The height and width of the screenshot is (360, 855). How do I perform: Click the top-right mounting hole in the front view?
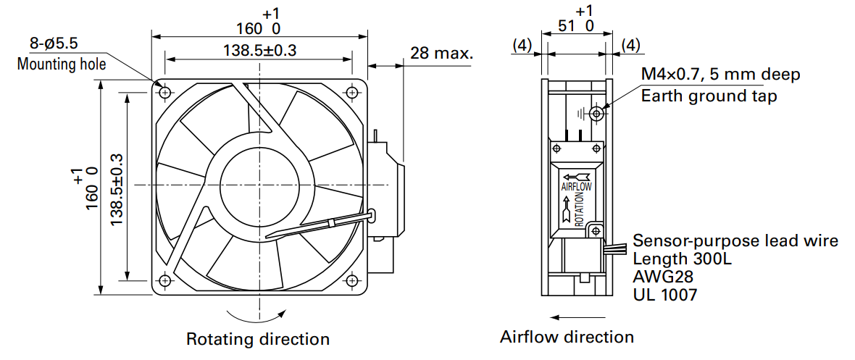point(353,93)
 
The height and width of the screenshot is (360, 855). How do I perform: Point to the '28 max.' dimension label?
point(442,53)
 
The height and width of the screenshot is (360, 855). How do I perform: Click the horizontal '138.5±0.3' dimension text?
point(259,51)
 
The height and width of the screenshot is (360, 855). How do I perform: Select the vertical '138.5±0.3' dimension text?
point(117,190)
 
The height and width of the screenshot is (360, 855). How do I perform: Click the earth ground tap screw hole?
point(597,114)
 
